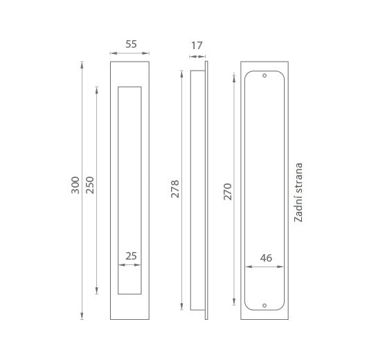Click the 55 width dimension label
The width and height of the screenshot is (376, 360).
click(x=131, y=44)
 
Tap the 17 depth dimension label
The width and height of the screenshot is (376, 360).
click(x=197, y=46)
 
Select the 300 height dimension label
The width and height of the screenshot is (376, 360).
click(x=75, y=185)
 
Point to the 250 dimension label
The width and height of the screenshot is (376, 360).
click(x=90, y=185)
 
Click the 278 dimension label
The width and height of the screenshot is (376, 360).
click(x=175, y=189)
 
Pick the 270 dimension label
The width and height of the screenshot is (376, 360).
click(x=228, y=192)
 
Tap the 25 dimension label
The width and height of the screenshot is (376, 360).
click(x=131, y=256)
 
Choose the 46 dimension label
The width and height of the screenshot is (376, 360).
click(x=266, y=258)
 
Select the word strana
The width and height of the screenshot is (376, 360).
click(x=298, y=178)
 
